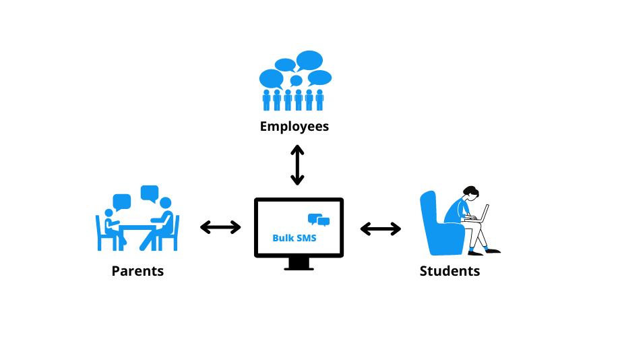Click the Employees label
(294, 126)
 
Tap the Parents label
(137, 271)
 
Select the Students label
(449, 271)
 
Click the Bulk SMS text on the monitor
(294, 238)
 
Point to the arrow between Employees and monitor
(297, 164)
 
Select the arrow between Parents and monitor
(221, 227)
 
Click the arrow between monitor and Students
(381, 229)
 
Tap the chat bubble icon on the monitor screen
(319, 220)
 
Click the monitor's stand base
(299, 268)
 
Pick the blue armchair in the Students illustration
(438, 226)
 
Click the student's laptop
(480, 214)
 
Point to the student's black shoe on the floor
(493, 251)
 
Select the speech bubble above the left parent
(122, 202)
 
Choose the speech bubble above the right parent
(150, 193)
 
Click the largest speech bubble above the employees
(309, 60)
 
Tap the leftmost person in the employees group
(266, 100)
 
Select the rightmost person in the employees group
(319, 100)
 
